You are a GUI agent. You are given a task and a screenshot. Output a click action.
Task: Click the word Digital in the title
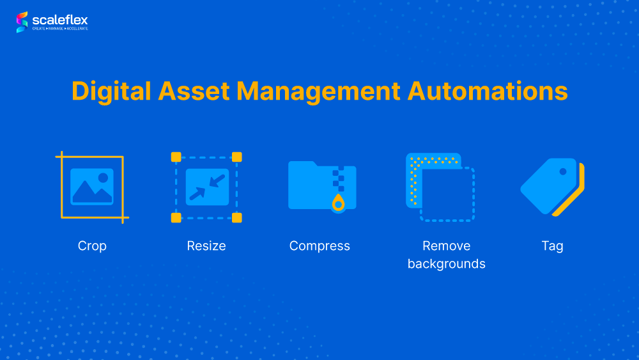(111, 91)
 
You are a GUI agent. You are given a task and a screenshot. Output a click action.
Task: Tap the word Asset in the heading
(194, 91)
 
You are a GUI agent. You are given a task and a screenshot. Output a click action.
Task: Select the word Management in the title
(318, 91)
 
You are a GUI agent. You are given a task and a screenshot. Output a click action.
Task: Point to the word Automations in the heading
(488, 91)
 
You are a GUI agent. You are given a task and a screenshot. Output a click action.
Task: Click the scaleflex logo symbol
(22, 22)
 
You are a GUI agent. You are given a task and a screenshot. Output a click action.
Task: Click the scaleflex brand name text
(60, 20)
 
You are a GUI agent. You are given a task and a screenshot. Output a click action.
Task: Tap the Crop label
(92, 246)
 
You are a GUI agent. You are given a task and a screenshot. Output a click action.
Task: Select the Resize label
(206, 246)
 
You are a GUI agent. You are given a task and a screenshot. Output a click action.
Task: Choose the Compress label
(319, 246)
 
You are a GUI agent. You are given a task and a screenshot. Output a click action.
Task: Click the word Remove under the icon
(446, 246)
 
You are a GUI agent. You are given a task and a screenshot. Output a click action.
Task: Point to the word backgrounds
(447, 264)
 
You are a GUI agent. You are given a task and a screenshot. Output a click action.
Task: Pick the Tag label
(552, 246)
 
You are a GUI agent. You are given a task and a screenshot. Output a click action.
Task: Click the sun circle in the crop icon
(103, 178)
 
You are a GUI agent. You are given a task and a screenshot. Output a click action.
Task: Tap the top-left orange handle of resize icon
(176, 157)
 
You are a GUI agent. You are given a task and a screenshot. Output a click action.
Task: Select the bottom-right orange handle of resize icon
(237, 217)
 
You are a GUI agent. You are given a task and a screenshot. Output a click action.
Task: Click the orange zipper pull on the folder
(338, 203)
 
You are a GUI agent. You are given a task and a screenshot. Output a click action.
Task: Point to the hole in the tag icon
(563, 171)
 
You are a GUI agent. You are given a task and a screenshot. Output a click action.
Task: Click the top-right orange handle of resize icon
(237, 157)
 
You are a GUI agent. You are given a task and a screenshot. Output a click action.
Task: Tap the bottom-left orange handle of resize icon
(176, 217)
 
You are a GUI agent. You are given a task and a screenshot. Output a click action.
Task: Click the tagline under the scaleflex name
(60, 29)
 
